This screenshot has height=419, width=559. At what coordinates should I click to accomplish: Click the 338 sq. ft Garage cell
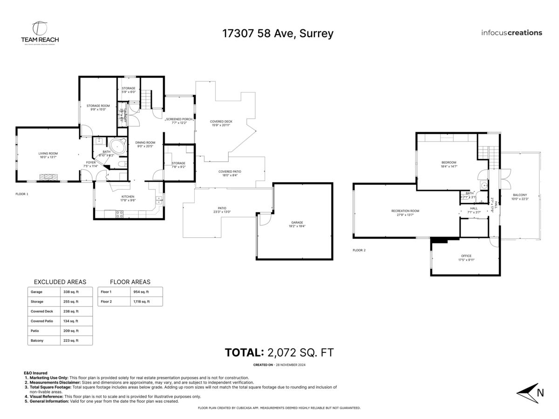(x=71, y=292)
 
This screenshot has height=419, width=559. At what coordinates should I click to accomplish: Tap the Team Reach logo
(x=40, y=33)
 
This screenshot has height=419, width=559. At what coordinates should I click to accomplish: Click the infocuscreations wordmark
(x=511, y=33)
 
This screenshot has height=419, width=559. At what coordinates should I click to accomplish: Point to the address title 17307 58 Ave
(x=278, y=34)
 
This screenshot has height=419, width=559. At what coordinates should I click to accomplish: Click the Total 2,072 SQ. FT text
(x=279, y=352)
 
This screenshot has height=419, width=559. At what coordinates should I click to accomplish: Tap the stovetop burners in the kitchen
(x=119, y=215)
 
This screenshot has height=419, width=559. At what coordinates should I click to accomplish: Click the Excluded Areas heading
(x=60, y=282)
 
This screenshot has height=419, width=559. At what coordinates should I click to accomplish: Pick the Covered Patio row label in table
(x=41, y=321)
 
